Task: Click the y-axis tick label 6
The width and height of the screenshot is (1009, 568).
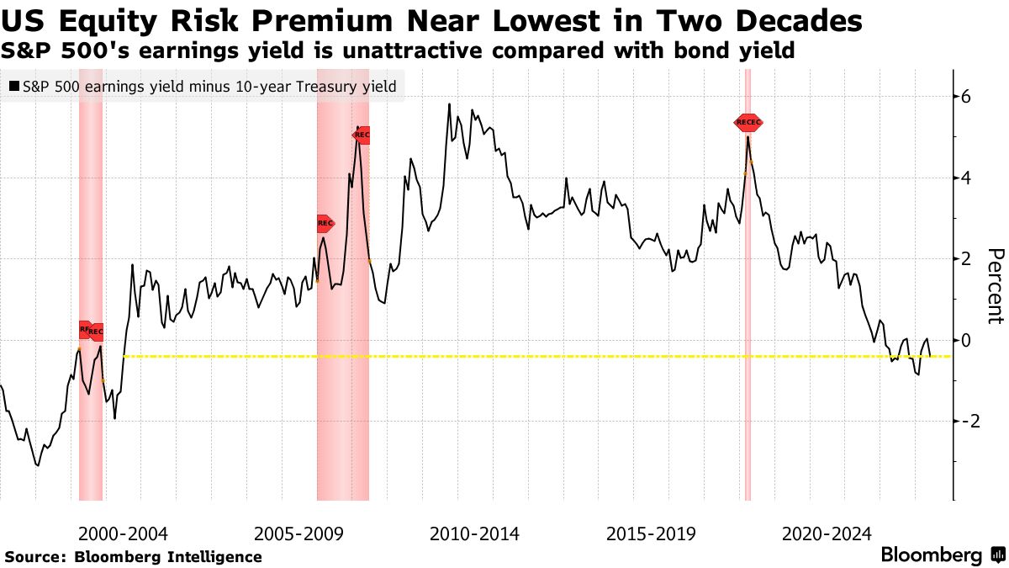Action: (965, 97)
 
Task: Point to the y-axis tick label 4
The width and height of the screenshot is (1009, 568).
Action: (965, 178)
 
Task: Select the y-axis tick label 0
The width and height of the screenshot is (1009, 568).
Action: (965, 340)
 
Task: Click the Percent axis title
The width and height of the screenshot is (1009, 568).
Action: (995, 286)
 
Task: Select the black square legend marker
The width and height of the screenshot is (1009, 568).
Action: (14, 86)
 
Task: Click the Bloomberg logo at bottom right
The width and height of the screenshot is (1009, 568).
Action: (942, 555)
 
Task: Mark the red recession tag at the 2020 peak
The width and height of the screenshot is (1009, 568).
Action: (748, 123)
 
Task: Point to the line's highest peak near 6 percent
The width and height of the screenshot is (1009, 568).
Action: (449, 104)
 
